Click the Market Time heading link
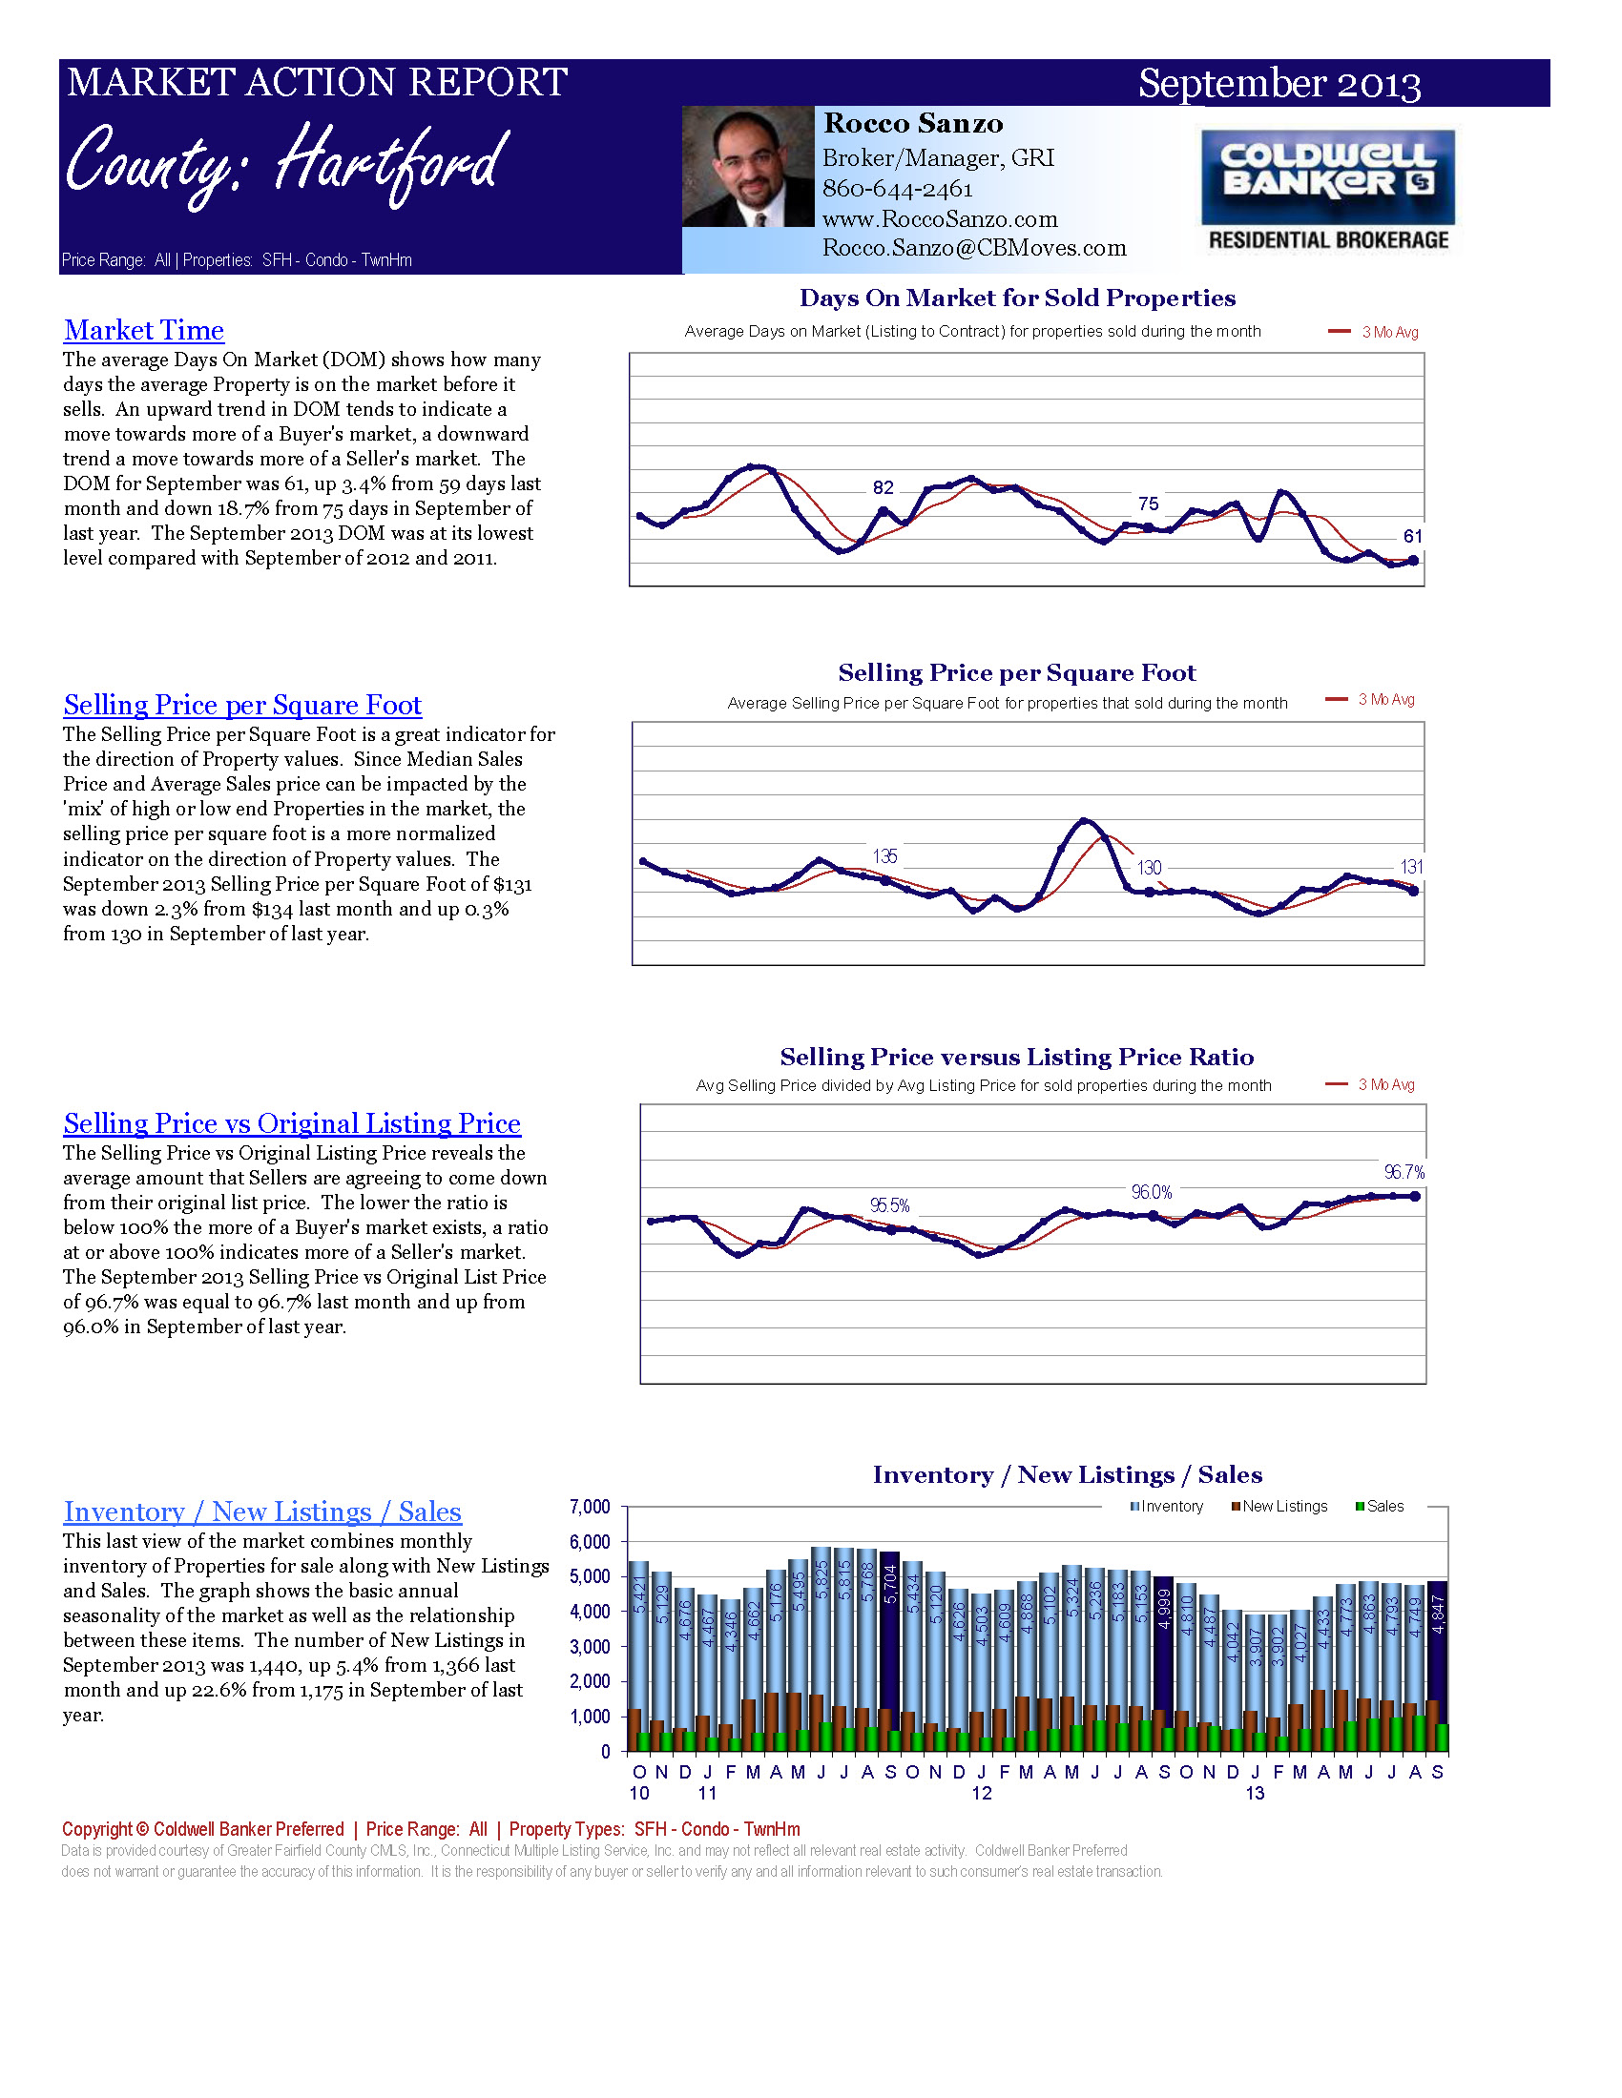[143, 331]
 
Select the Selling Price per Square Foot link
[242, 705]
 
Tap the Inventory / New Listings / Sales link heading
[262, 1512]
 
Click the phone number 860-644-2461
[897, 188]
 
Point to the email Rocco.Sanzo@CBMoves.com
[973, 248]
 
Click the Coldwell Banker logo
[1328, 190]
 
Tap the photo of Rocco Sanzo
[748, 167]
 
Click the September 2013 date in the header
[1279, 84]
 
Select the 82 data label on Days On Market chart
[883, 488]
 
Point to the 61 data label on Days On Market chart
[1411, 536]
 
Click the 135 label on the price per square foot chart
[884, 856]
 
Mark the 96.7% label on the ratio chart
[1404, 1172]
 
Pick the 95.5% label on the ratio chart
[889, 1205]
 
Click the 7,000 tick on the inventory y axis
[590, 1506]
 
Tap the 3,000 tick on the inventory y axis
[590, 1647]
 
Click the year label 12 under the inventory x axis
[981, 1794]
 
